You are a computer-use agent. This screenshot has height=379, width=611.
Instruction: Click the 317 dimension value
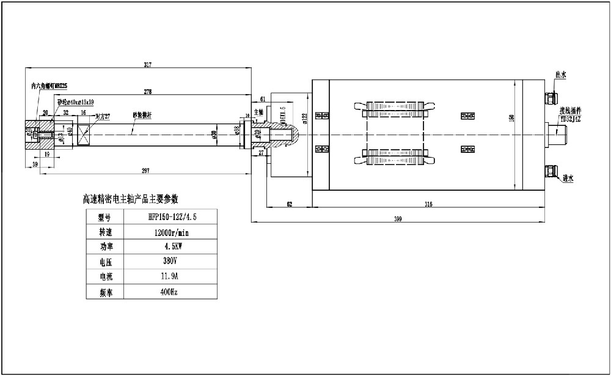[147, 65]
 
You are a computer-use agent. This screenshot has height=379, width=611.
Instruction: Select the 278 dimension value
[147, 92]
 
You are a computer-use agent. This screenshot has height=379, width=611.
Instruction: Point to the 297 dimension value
[146, 169]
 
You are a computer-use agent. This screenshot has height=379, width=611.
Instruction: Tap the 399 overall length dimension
[398, 218]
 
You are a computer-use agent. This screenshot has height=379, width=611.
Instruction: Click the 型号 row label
[106, 216]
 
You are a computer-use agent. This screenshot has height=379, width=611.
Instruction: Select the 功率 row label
[106, 246]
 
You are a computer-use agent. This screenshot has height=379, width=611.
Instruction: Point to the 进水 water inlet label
[568, 178]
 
